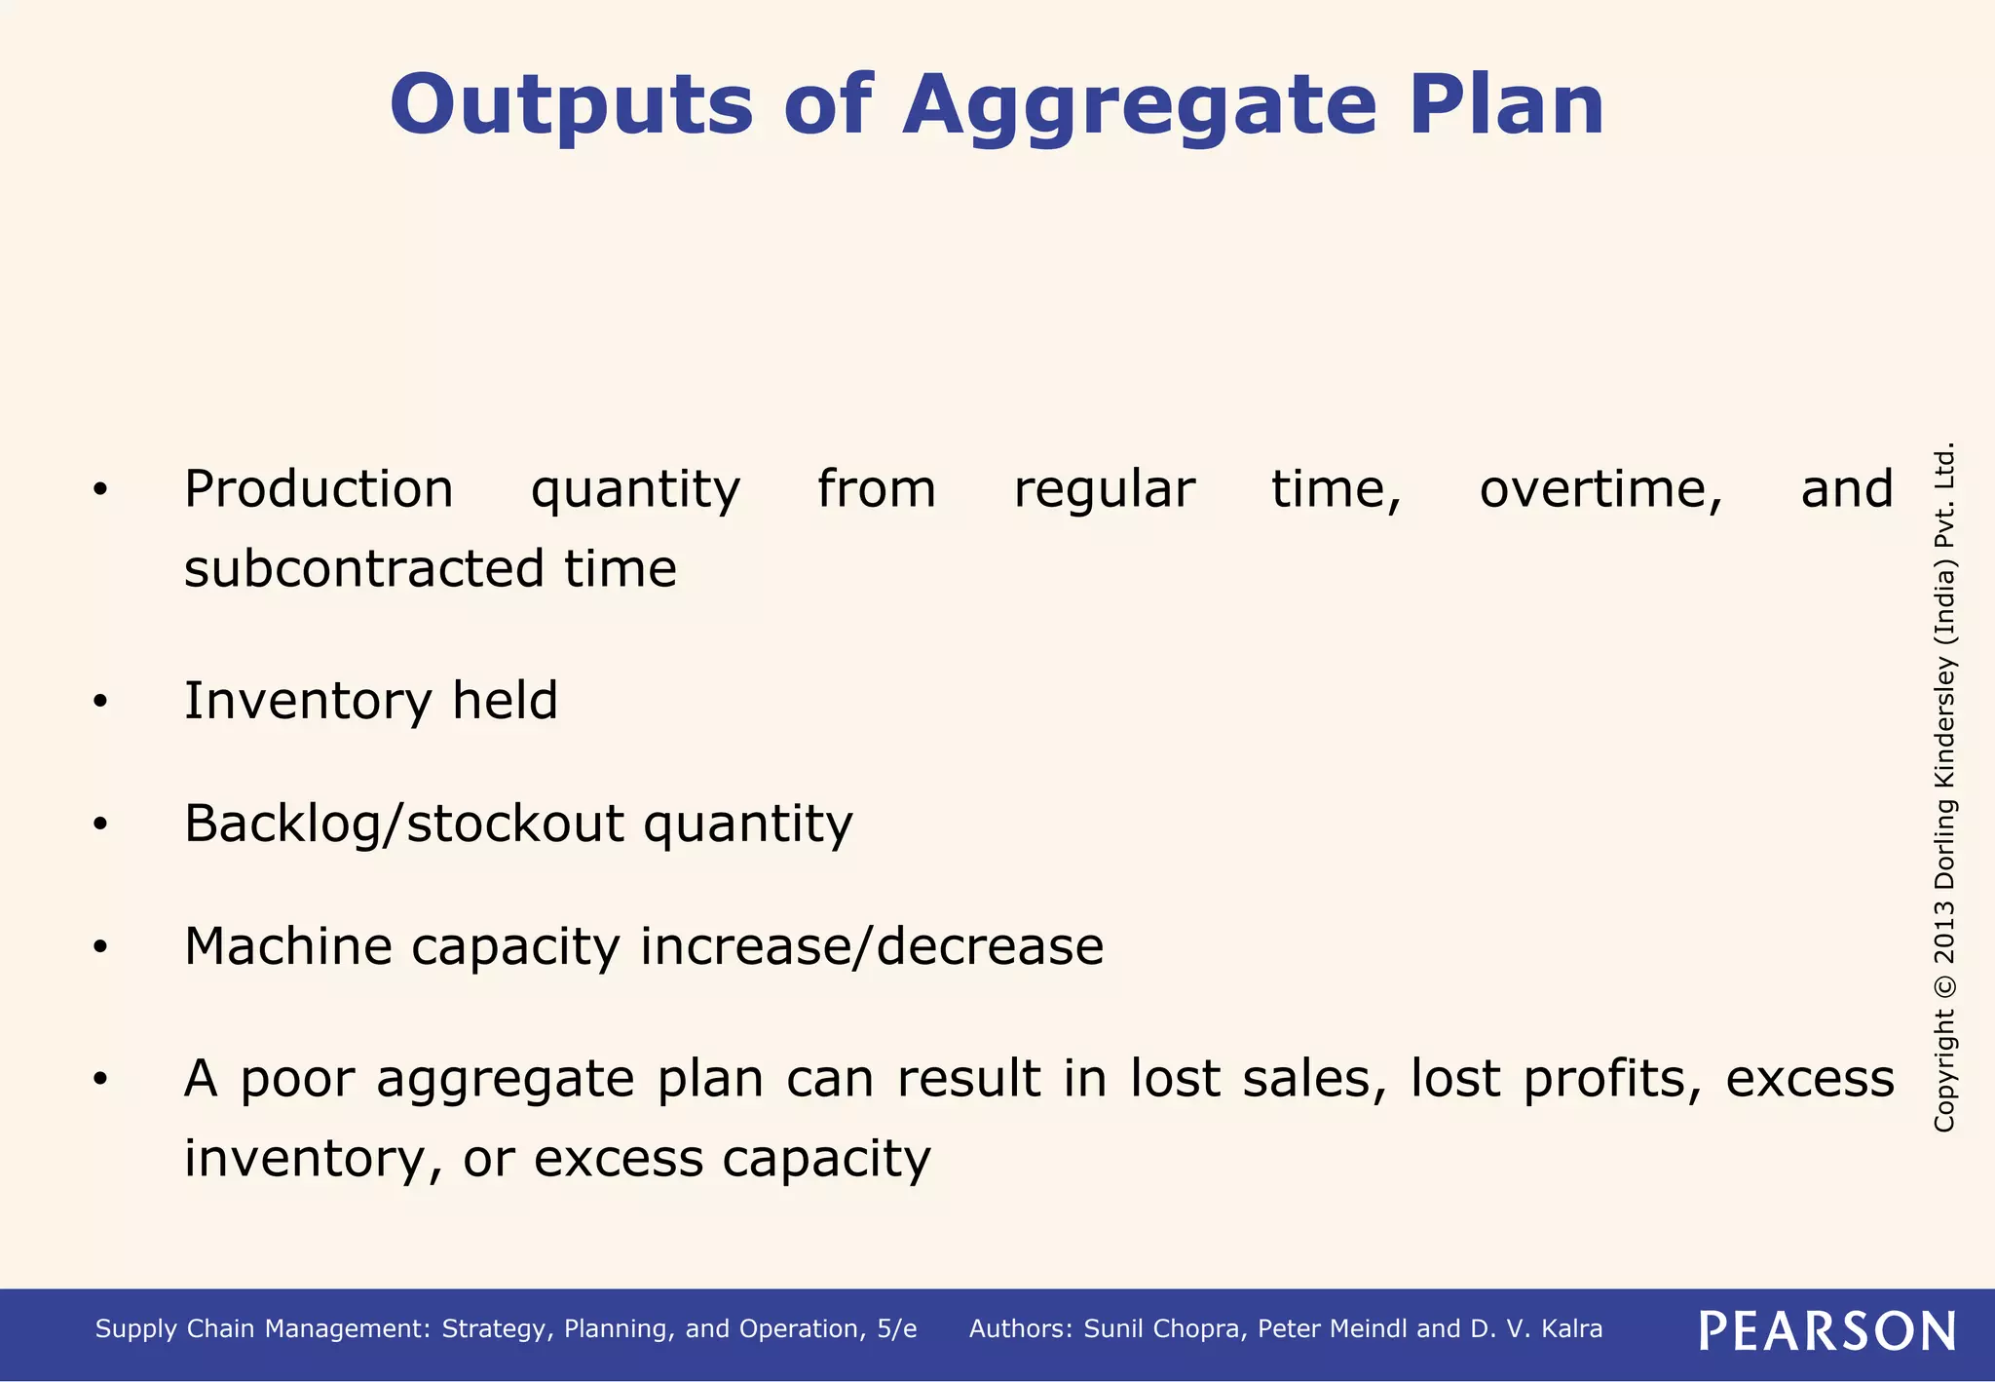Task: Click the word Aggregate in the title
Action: coord(1139,107)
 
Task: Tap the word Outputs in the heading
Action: coord(571,107)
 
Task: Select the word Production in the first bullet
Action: coord(319,490)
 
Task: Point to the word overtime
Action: coord(1600,490)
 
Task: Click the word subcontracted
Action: coord(363,569)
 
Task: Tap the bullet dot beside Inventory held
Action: coord(100,702)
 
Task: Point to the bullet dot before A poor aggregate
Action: coord(100,1080)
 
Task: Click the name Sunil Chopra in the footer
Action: coord(1164,1329)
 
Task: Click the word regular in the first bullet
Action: coord(1104,490)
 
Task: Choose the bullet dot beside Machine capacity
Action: coord(100,947)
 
